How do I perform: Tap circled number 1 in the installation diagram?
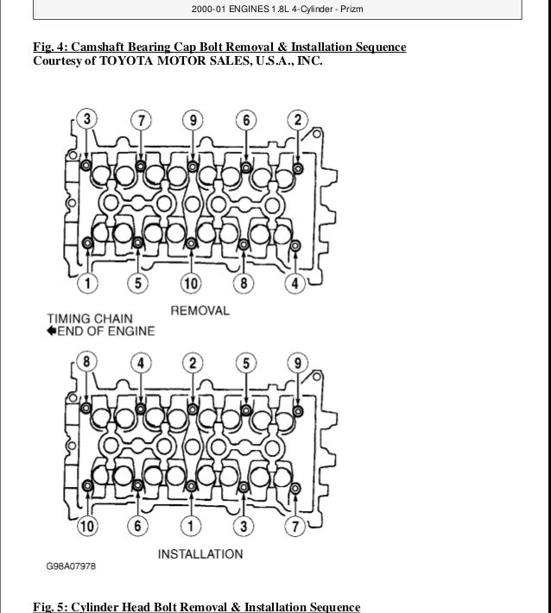192,524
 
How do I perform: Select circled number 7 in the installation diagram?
296,524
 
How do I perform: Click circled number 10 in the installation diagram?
85,524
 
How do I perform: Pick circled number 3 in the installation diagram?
245,524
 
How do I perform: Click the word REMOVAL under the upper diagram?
199,311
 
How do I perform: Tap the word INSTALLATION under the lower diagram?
200,553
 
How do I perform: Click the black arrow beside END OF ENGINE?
54,331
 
